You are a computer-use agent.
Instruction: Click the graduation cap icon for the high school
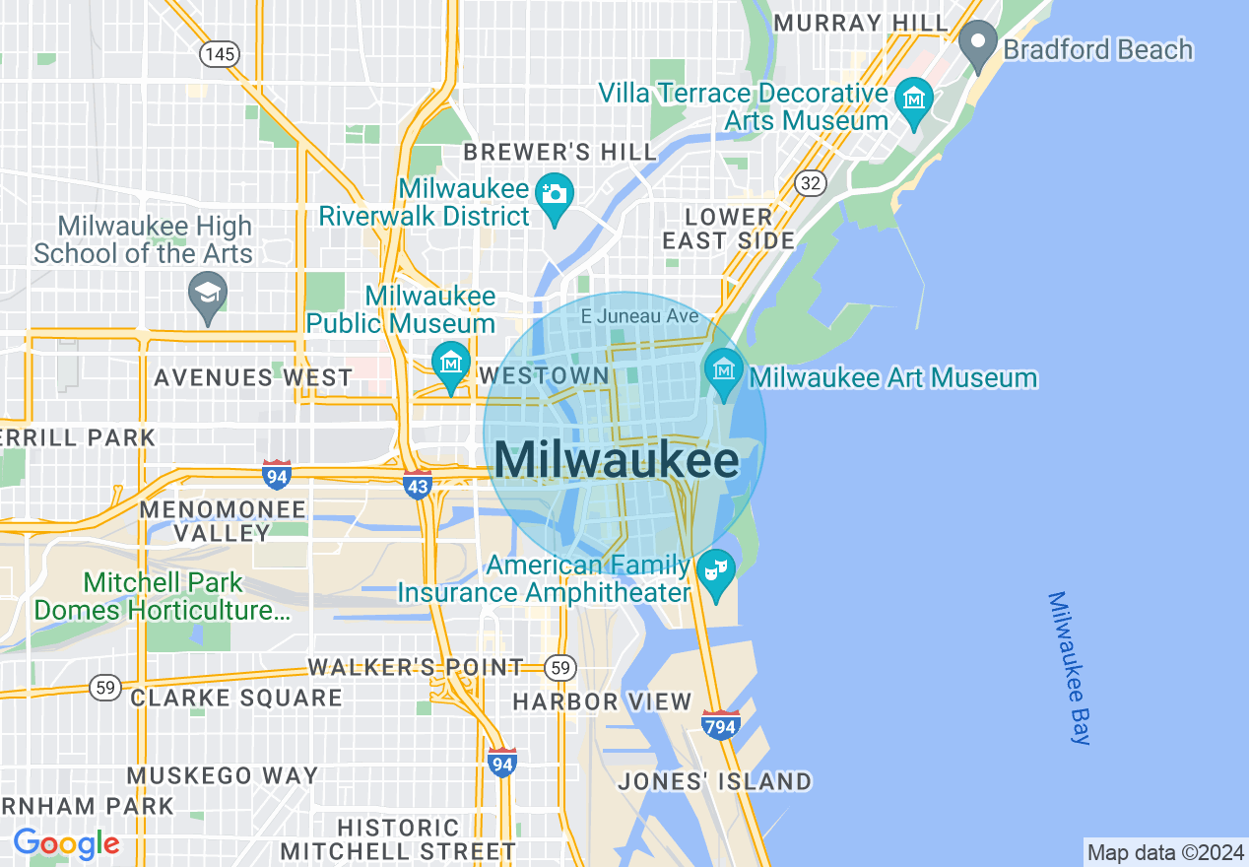pos(208,294)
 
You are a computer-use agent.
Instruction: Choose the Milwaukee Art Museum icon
pos(724,372)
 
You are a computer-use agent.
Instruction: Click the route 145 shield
pos(219,53)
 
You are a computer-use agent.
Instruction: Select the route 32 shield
pos(812,183)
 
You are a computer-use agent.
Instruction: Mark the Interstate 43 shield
pos(418,485)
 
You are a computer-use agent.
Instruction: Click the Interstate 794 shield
pos(721,725)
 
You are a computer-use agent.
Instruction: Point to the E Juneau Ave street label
pos(639,316)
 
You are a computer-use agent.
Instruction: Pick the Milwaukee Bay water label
pos(1070,667)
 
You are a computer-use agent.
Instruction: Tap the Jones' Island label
pos(714,782)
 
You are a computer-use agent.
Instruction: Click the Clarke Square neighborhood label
pos(236,698)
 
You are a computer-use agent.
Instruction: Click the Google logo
pos(66,843)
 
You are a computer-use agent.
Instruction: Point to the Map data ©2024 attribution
pos(1165,852)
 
